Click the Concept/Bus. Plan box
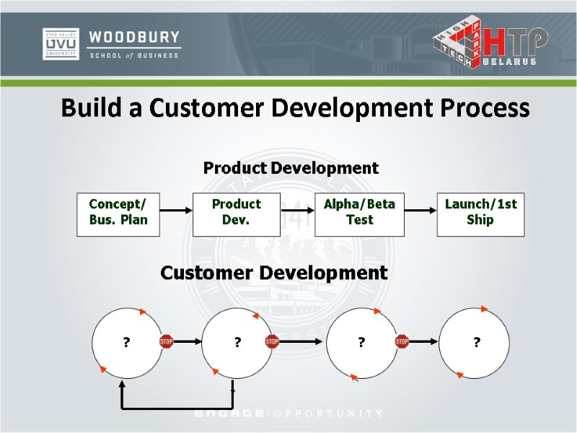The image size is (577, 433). click(x=118, y=212)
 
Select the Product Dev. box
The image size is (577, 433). click(x=236, y=212)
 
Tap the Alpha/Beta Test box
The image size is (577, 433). click(x=359, y=212)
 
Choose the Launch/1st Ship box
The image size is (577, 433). click(x=480, y=212)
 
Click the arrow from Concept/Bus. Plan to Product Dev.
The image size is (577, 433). click(x=176, y=211)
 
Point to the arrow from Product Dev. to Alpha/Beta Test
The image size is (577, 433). click(x=298, y=211)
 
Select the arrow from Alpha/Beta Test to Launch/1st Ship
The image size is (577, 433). click(x=420, y=211)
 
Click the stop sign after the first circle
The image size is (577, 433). click(x=167, y=341)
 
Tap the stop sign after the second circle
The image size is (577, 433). click(x=272, y=341)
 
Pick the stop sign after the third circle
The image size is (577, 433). click(x=402, y=341)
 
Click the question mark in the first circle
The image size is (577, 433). click(x=126, y=342)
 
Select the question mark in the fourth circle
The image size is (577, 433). click(x=477, y=342)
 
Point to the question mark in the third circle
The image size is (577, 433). click(x=361, y=342)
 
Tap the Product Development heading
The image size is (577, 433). click(x=291, y=168)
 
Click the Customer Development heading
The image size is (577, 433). click(x=274, y=273)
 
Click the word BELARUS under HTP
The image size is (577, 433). click(x=509, y=62)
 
